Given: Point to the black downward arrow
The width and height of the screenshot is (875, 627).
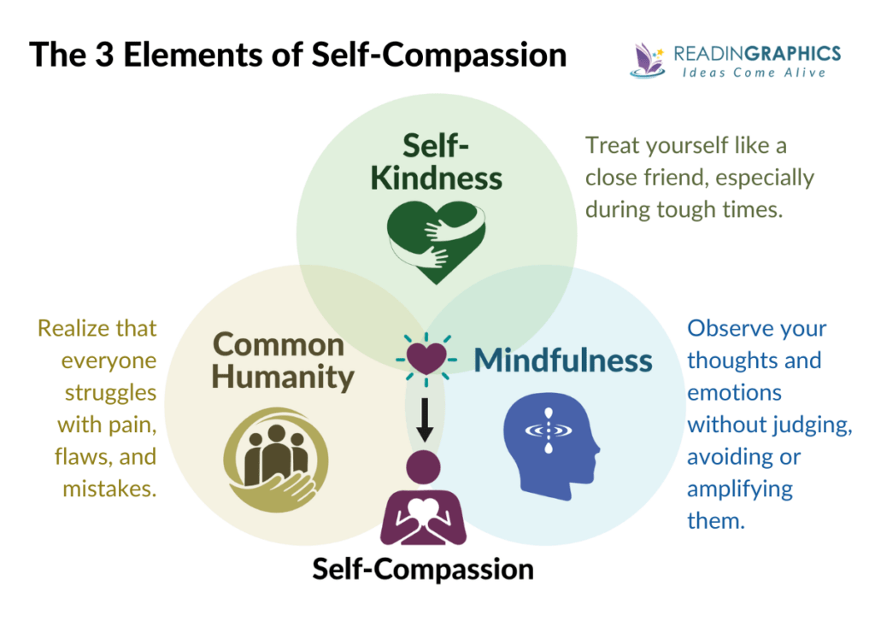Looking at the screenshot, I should coord(425,414).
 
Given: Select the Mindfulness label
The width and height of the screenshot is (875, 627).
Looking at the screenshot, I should coord(563,360).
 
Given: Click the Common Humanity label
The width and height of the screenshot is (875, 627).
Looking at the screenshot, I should coord(281,360).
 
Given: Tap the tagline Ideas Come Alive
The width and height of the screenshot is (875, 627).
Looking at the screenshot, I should coord(754,73).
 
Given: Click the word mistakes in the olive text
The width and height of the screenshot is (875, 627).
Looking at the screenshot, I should coord(109,489).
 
